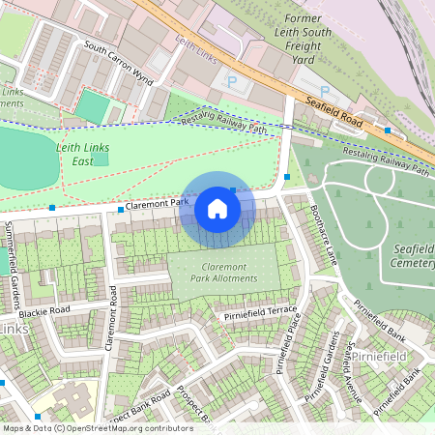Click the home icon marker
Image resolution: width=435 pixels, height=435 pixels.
[217, 208]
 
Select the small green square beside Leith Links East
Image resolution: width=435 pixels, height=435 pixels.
[101, 159]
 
